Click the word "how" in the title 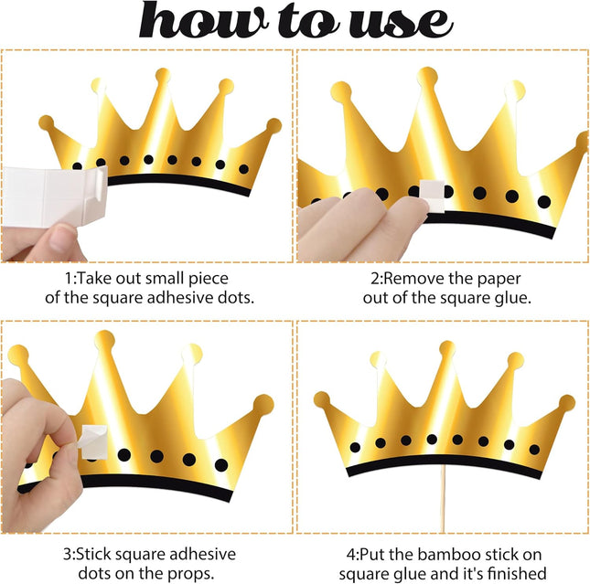204,20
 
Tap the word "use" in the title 401,24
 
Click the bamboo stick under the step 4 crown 443,499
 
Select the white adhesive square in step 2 433,196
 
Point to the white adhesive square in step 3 93,441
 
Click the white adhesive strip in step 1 55,196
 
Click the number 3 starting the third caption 67,555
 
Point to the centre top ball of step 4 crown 447,348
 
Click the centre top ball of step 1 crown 163,76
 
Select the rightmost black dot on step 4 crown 534,449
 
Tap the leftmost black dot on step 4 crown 355,447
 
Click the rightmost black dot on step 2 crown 544,202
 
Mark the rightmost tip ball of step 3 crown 263,405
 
